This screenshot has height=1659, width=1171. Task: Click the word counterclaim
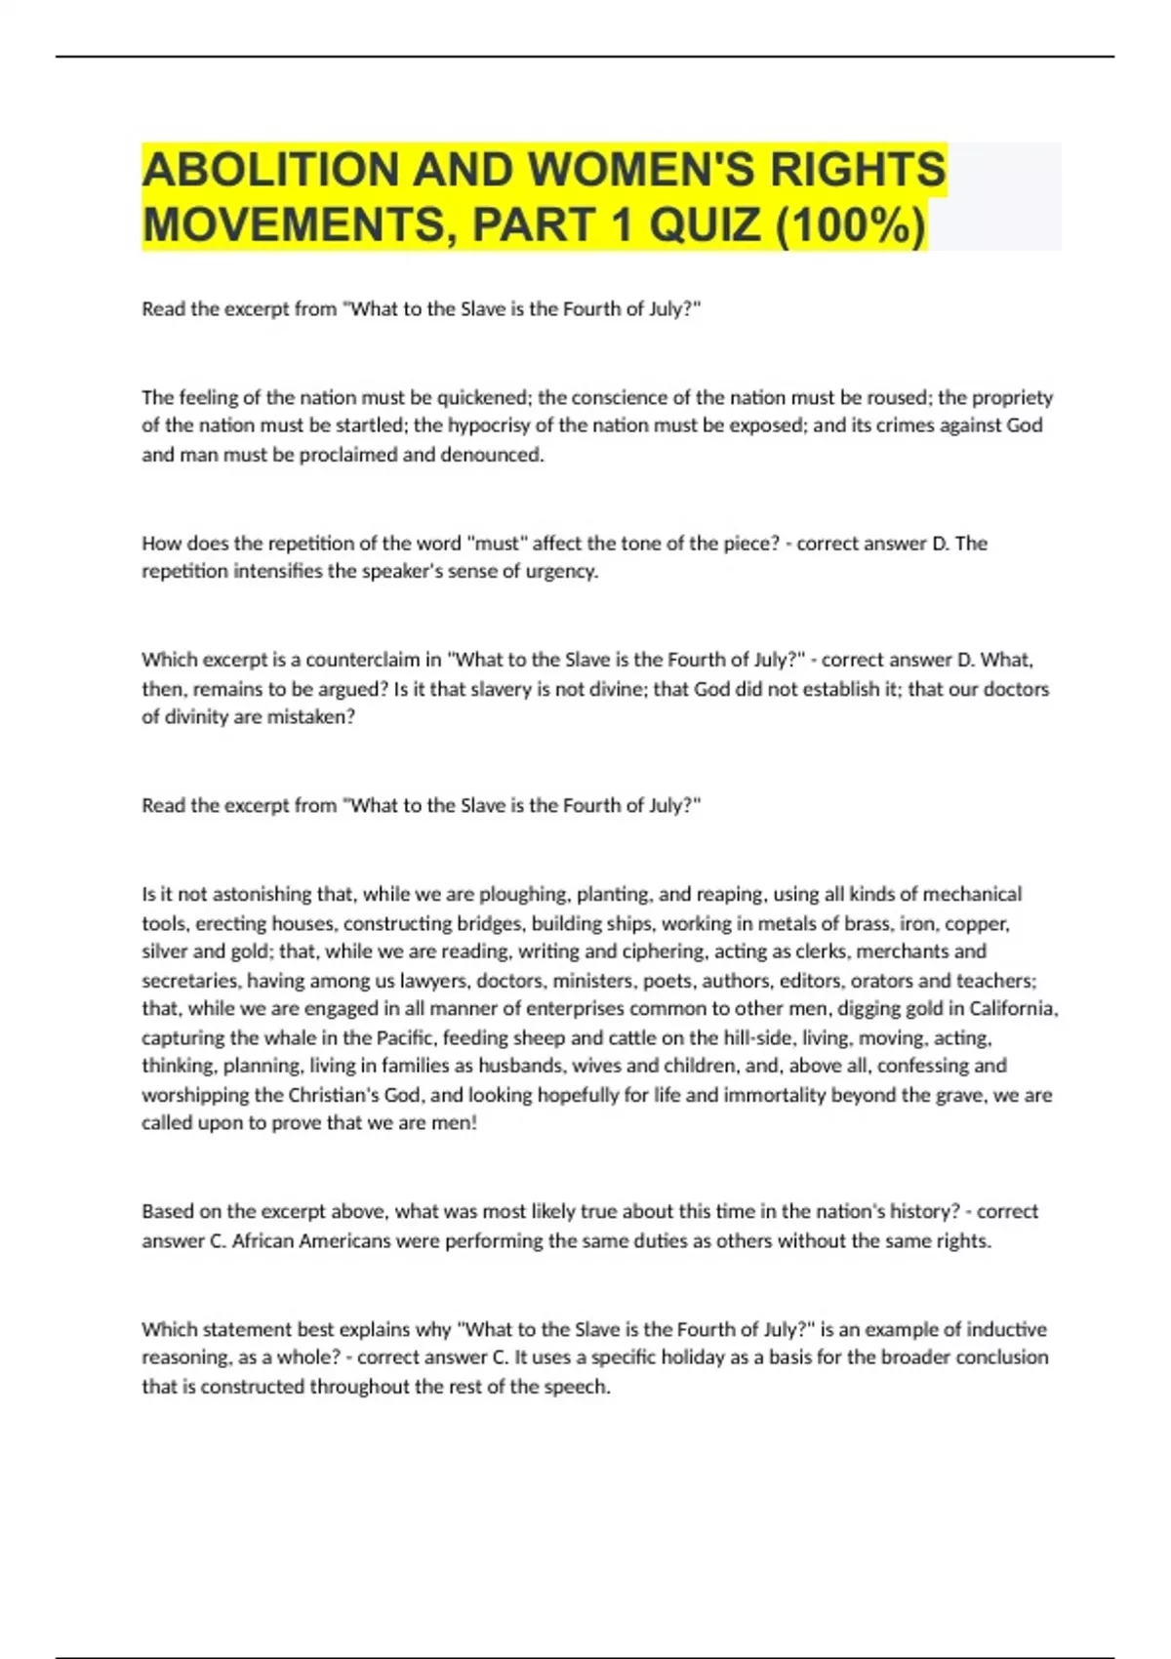click(x=364, y=660)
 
